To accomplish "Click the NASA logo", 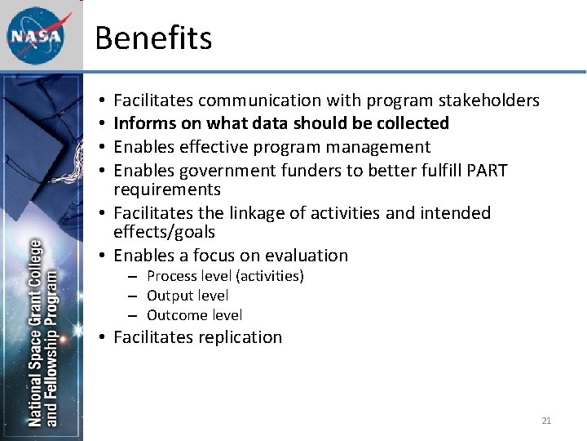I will (x=35, y=36).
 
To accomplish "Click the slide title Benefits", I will (x=153, y=38).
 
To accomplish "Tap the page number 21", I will (x=546, y=421).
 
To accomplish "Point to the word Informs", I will (x=140, y=123).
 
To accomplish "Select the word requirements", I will (x=167, y=189).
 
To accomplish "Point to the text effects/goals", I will (x=164, y=232).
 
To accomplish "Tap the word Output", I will (x=170, y=296).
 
